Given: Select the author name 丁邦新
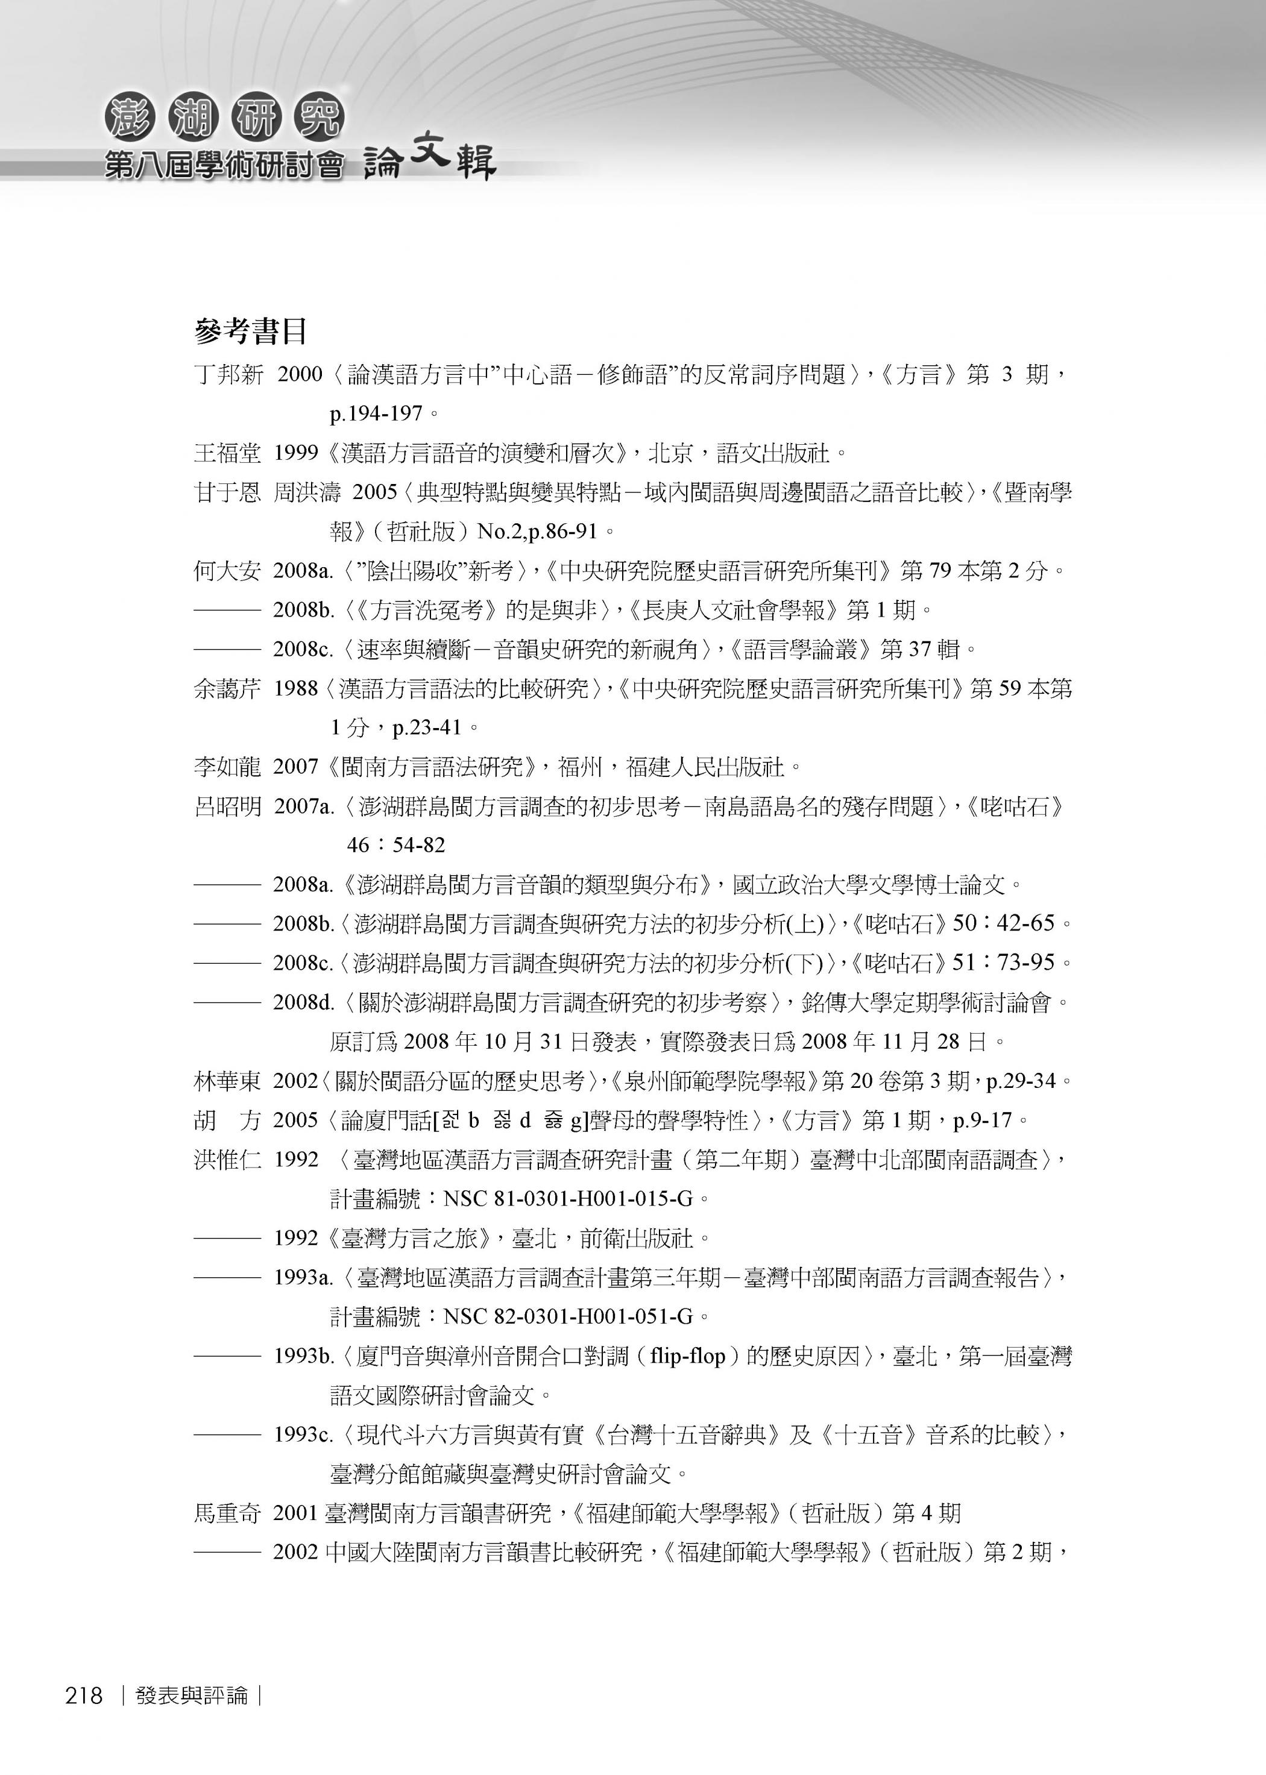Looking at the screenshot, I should [228, 375].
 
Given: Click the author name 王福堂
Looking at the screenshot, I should [228, 453].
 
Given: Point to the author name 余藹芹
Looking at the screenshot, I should [228, 689].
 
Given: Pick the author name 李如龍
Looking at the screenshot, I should [228, 767].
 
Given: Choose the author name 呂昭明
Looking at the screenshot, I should [228, 806].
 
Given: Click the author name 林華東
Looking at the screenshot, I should [228, 1081].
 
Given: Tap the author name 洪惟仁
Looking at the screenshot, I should [228, 1160].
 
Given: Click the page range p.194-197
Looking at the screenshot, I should [376, 413].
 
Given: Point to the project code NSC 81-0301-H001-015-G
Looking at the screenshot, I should [567, 1198].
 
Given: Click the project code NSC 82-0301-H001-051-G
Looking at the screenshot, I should [567, 1317].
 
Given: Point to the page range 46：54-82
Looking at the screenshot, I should [396, 846].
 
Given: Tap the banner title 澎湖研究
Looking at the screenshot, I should [224, 120].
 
